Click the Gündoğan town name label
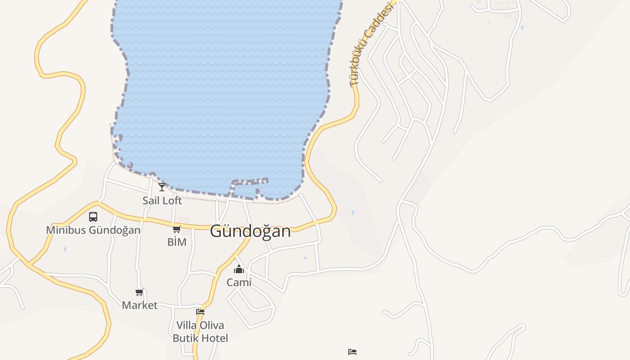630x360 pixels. tap(250, 231)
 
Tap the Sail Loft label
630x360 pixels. tap(162, 201)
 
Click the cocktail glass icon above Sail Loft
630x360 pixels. tap(162, 187)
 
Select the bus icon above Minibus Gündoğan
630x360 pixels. tap(93, 217)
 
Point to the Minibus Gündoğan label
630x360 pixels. tap(93, 230)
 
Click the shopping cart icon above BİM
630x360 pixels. tap(177, 229)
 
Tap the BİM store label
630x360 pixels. tap(177, 242)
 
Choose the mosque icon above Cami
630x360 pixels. tap(239, 269)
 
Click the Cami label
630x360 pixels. tap(239, 283)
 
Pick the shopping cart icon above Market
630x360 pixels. tap(139, 292)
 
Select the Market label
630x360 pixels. tap(139, 305)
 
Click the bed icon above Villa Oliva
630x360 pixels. tap(200, 311)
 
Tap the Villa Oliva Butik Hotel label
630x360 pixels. tap(200, 332)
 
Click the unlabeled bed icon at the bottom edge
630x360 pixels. tap(352, 351)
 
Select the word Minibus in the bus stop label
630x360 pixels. tap(67, 230)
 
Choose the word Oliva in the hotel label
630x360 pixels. tap(212, 325)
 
